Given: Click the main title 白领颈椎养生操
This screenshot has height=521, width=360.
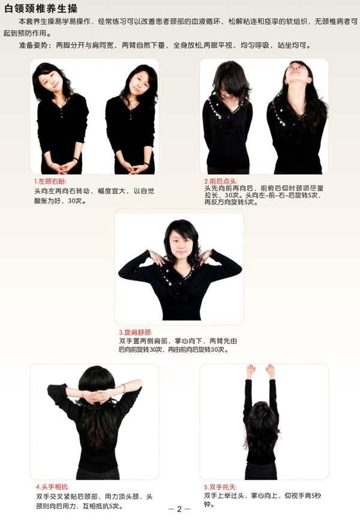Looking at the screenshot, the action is pos(41,8).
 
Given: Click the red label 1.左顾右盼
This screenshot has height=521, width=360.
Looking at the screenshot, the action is pos(50,181).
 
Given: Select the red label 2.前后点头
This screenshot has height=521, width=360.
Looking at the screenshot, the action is pos(221,181).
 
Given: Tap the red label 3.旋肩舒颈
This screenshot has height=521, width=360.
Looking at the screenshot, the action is pos(136,333).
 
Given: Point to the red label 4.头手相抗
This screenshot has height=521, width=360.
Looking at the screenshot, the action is pos(52,487).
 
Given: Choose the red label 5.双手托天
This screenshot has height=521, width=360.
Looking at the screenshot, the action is pos(220,487).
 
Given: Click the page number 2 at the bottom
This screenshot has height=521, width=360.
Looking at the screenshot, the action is pos(179,509).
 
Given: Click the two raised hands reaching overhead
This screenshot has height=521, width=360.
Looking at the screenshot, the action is pos(261,371).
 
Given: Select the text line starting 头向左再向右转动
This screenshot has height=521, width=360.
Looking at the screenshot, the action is pos(94,191).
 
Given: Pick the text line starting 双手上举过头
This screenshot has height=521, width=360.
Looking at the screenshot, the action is pos(262,495).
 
